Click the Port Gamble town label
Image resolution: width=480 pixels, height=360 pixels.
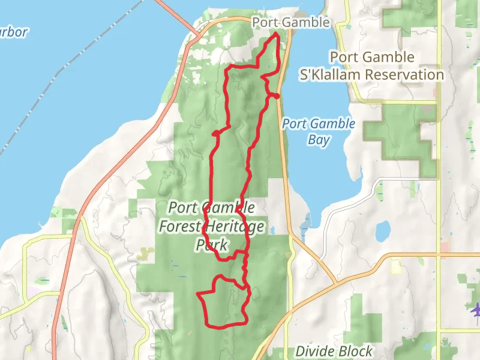point(291,22)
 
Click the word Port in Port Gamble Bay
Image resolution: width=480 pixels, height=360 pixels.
point(295,124)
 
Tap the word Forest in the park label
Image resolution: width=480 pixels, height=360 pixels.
point(180,226)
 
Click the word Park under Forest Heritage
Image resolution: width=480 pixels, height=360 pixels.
point(212,245)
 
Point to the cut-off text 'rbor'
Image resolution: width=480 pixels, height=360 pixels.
point(13,32)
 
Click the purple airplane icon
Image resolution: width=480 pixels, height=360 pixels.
point(476,310)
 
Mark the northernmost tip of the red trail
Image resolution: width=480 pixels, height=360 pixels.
point(276,35)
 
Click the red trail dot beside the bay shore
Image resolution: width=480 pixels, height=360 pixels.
point(277,97)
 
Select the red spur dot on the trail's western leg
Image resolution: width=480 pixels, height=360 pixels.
point(215,133)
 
